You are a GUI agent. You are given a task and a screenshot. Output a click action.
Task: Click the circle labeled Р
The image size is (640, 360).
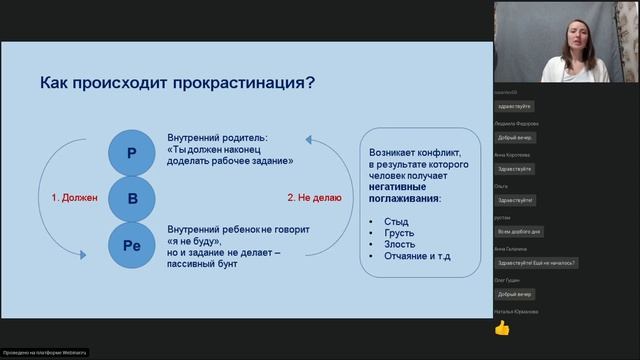(x=132, y=153)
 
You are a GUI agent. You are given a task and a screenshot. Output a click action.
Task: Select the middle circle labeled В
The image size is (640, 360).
(x=132, y=198)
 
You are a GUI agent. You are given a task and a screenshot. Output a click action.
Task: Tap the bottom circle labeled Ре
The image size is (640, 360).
(x=132, y=245)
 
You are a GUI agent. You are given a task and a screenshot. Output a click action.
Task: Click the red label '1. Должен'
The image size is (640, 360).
(x=74, y=198)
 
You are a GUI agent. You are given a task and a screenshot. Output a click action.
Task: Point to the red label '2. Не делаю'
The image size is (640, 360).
(x=314, y=198)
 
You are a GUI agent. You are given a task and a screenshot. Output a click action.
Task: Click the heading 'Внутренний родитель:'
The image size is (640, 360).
(x=218, y=136)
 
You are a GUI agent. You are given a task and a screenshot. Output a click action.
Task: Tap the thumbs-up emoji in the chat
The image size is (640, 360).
(x=502, y=328)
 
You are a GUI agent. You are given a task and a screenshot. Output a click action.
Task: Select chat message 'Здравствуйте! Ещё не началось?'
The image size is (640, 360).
(x=536, y=263)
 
